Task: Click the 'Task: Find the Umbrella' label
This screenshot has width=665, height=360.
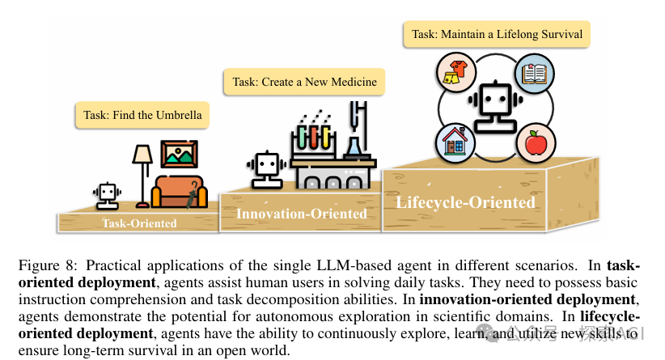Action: pyautogui.click(x=138, y=116)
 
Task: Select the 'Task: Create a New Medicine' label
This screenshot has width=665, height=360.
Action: pyautogui.click(x=304, y=83)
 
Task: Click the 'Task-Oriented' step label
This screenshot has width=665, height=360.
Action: pyautogui.click(x=139, y=223)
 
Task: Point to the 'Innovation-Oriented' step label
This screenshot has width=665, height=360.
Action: pyautogui.click(x=301, y=214)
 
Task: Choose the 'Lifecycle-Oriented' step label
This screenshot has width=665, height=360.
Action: pyautogui.click(x=465, y=201)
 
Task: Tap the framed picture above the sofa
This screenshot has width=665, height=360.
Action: pyautogui.click(x=179, y=154)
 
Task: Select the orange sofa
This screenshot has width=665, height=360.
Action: pyautogui.click(x=180, y=193)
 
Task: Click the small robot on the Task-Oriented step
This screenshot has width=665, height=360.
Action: pyautogui.click(x=106, y=195)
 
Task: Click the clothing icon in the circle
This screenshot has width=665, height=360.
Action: pyautogui.click(x=455, y=73)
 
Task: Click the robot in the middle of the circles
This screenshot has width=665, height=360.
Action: pyautogui.click(x=493, y=107)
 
